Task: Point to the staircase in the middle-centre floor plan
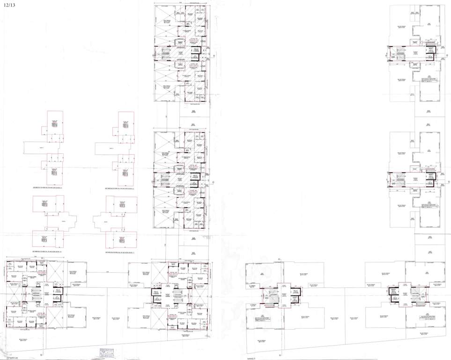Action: tap(165, 179)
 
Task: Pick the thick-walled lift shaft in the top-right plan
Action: tap(429, 52)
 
